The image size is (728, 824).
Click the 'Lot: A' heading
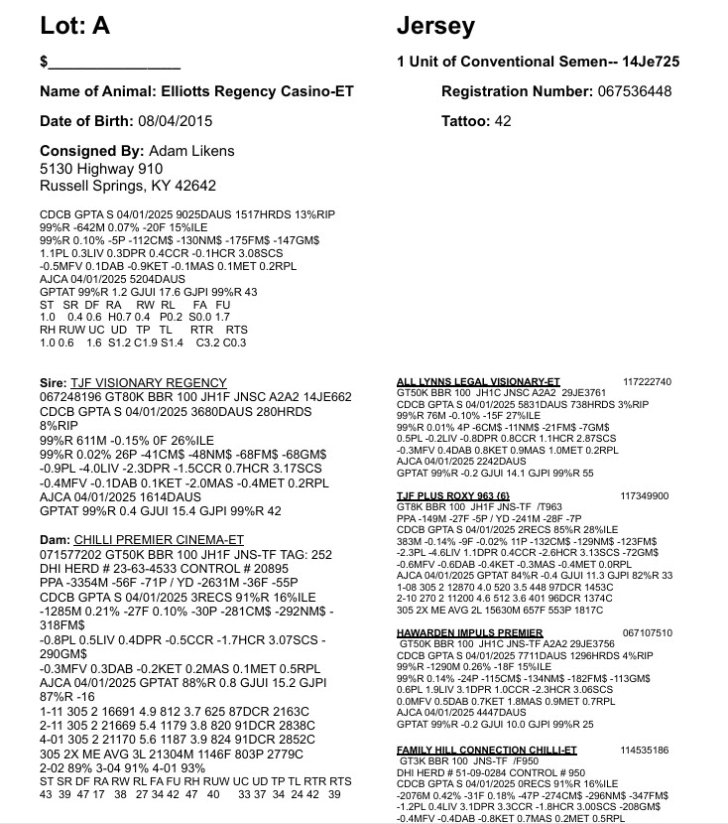pos(75,27)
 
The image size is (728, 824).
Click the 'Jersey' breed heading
pos(435,27)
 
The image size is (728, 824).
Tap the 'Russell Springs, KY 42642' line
pos(128,186)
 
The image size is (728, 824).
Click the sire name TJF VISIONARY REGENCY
pos(149,382)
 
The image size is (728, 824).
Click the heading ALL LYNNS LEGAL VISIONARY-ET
pos(477,381)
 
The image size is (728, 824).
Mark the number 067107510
pos(646,631)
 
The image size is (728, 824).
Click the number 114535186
pos(646,750)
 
